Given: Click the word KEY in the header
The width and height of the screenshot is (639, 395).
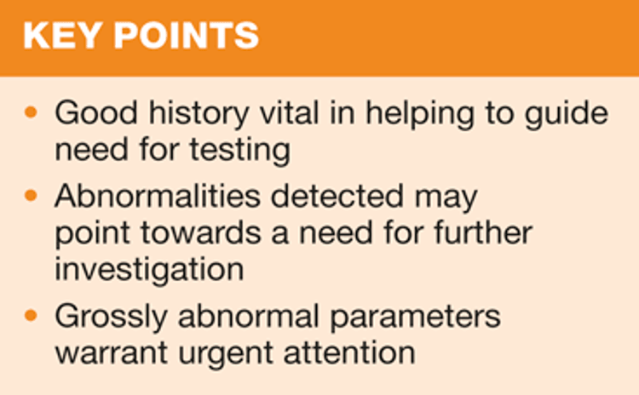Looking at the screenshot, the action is coord(63,36).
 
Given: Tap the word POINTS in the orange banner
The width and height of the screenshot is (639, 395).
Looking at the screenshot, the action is coord(187,36).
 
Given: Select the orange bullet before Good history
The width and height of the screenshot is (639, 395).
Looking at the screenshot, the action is coord(31,112).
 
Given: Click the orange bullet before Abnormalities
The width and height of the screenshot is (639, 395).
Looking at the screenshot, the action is coord(31,196).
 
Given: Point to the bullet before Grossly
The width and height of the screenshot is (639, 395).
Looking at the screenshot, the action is coord(31,316).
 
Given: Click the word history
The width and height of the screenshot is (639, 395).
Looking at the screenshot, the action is coord(199,114).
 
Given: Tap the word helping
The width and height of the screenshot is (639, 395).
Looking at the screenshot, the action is coord(420,114).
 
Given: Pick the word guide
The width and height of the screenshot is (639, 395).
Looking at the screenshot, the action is coord(567,114).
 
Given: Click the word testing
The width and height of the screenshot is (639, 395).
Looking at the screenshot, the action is coord(240,151).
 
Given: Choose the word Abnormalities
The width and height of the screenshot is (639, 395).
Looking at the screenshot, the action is coord(158,196).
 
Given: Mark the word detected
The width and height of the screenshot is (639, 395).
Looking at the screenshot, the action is coord(337,196).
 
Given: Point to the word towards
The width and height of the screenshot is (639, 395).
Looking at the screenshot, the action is coord(201,232).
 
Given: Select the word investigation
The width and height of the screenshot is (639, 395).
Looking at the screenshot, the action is coord(150,271).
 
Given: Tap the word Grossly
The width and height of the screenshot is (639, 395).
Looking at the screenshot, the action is coord(112,318).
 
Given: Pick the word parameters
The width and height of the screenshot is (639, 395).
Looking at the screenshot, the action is coord(415,318).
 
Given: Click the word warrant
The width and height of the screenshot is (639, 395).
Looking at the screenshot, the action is coord(112,352).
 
